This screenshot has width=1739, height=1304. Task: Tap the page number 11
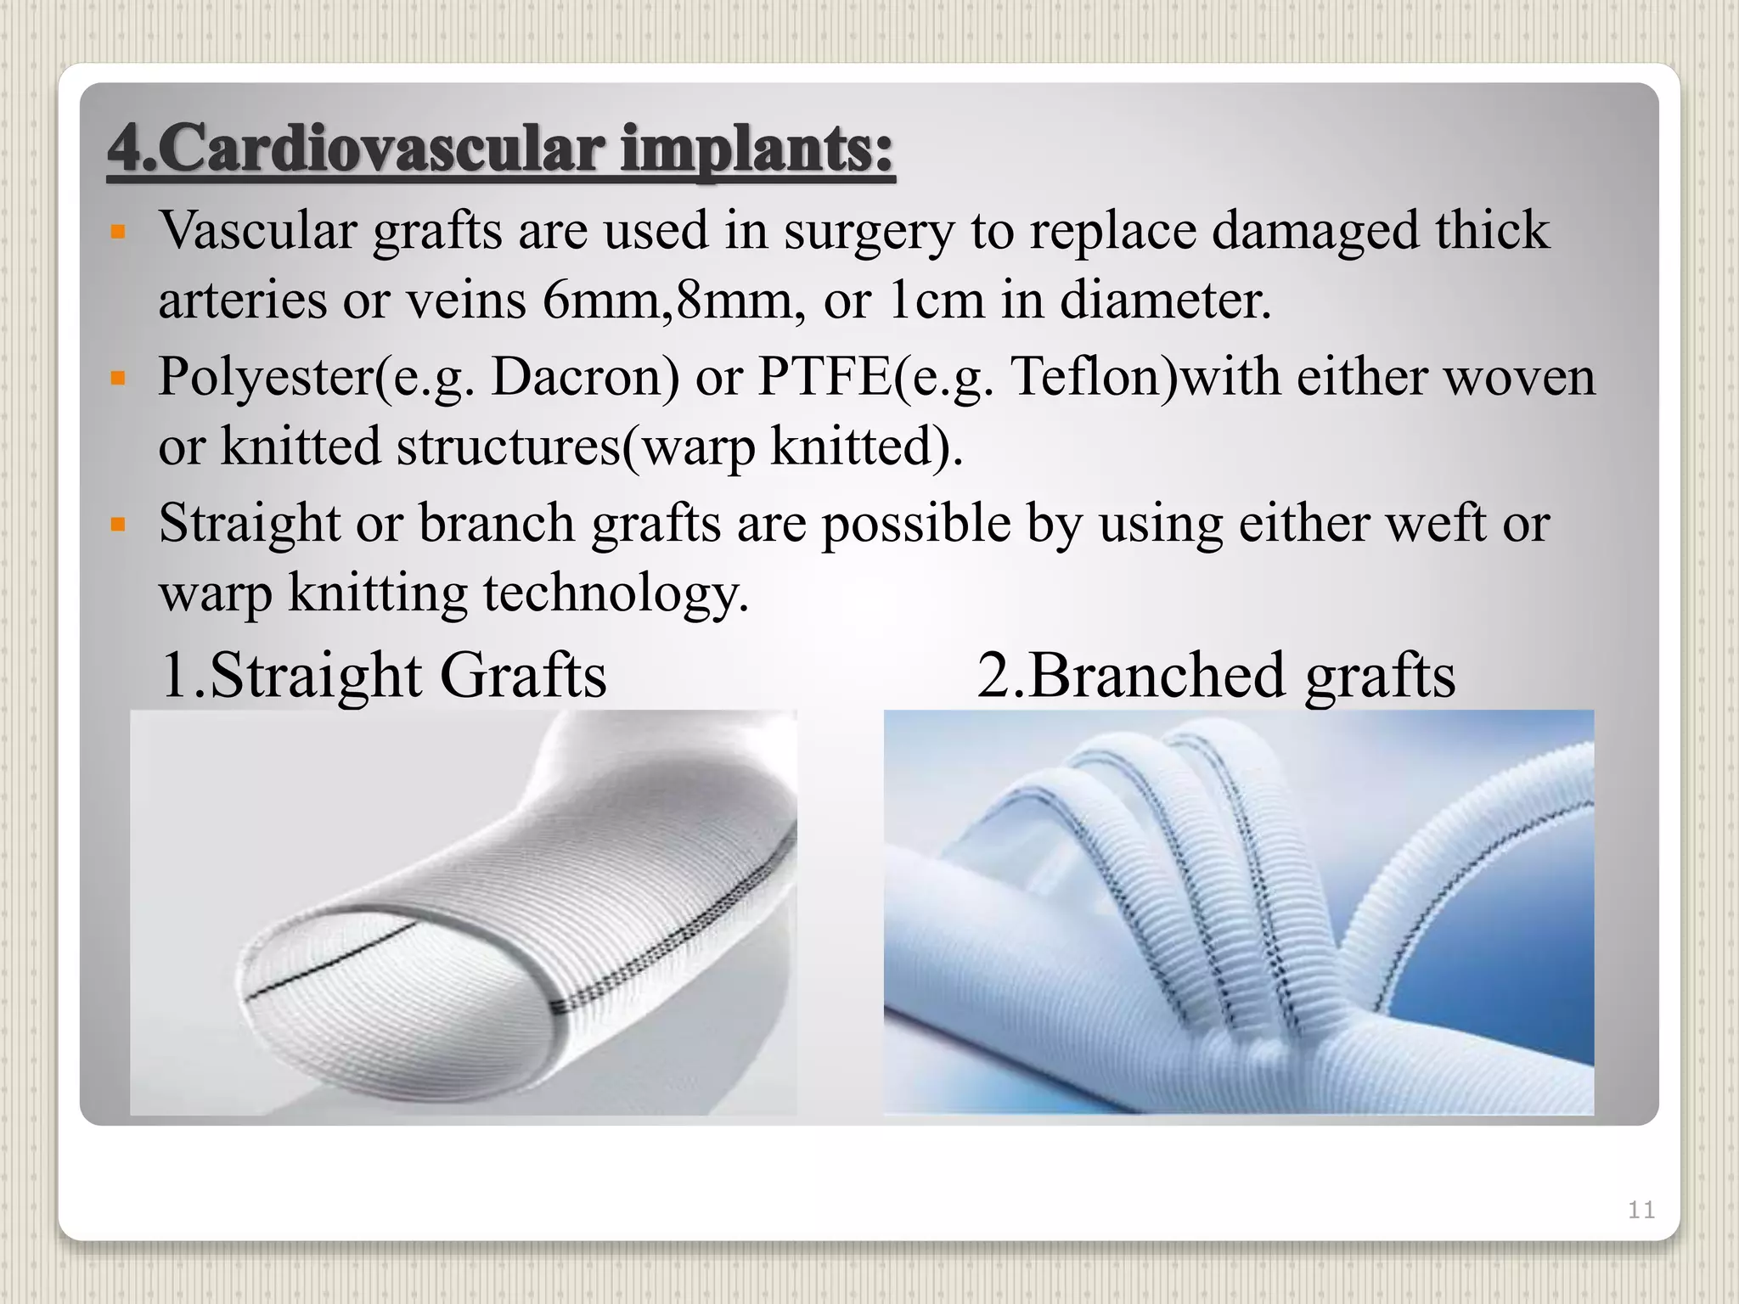tap(1641, 1210)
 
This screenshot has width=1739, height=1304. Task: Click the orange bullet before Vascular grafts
tap(119, 232)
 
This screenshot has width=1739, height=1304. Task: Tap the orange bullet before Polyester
tap(119, 377)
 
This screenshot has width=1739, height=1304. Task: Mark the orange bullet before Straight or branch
tap(119, 524)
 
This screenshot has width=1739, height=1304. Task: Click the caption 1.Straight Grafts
tap(383, 676)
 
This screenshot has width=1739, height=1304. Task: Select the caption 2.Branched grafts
tap(1216, 676)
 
